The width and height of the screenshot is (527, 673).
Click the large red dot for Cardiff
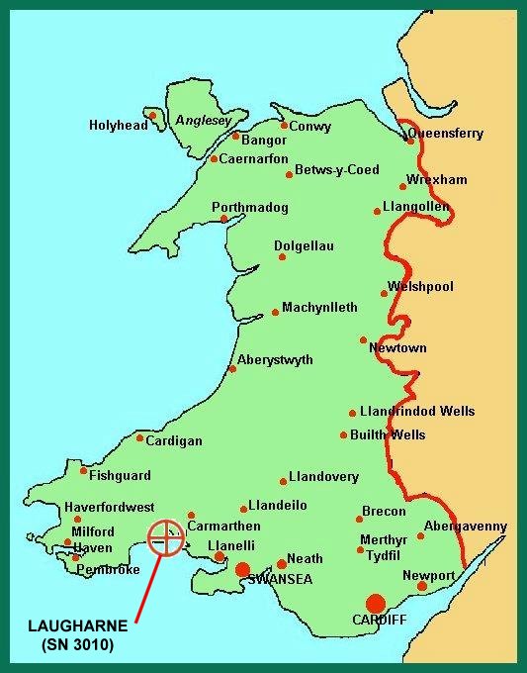tap(375, 604)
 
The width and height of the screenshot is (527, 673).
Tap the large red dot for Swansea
tap(242, 569)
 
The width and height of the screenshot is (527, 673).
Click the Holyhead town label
tap(118, 126)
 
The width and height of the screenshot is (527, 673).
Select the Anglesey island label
tap(203, 121)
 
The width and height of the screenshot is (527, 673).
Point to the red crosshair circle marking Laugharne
tap(166, 538)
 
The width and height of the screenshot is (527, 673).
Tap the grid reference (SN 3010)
tap(78, 646)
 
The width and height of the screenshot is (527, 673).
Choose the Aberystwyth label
tap(275, 360)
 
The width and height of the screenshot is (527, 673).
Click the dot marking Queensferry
tap(410, 141)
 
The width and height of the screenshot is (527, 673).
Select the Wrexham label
tap(436, 180)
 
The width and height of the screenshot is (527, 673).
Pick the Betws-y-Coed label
tap(337, 170)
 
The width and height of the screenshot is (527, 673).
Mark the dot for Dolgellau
tap(282, 257)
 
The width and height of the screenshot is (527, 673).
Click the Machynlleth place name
tap(319, 308)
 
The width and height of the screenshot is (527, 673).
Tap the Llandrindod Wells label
tap(418, 412)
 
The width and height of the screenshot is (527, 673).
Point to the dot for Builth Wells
tap(343, 435)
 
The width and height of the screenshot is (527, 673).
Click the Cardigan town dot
tap(139, 438)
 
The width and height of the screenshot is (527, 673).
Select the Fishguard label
tap(120, 475)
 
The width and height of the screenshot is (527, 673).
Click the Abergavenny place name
tap(465, 527)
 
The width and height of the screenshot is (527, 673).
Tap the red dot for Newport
tap(422, 586)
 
